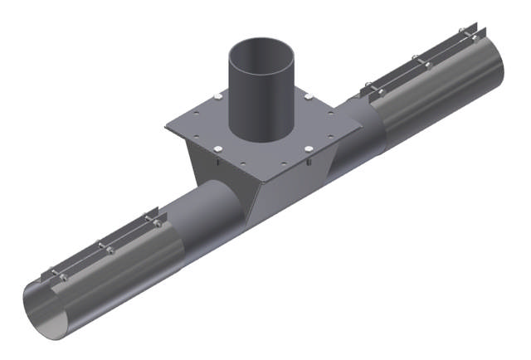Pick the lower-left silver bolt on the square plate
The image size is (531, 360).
point(216,149)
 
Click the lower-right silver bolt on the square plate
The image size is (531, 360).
point(308,149)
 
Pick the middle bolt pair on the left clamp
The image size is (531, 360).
point(104,246)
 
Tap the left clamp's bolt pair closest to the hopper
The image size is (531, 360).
point(153,220)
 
